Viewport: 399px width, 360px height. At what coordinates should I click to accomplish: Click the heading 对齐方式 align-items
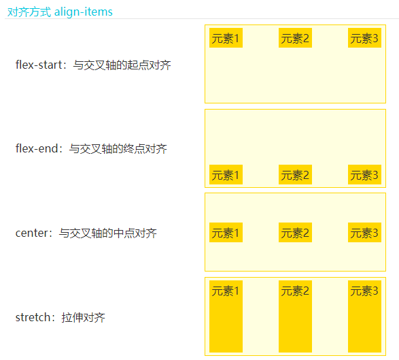[60, 12]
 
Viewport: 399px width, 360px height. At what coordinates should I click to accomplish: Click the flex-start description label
[93, 65]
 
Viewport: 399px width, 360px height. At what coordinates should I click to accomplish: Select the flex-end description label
[91, 149]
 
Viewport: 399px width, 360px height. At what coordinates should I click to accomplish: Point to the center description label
[86, 233]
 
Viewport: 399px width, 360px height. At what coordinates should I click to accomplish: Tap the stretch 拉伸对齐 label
[60, 317]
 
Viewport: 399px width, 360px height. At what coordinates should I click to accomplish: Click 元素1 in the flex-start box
[226, 38]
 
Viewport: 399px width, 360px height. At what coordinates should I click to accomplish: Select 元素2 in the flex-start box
[295, 38]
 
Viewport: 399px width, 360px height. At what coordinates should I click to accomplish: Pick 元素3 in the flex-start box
[364, 38]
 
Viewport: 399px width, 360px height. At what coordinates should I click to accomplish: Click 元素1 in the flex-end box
[226, 174]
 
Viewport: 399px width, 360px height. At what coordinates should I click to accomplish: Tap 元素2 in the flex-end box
[295, 174]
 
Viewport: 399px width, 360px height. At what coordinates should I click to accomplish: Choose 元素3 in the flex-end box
[364, 174]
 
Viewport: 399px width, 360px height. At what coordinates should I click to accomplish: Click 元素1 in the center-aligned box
[226, 232]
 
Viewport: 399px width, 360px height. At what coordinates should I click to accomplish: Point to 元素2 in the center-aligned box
[295, 232]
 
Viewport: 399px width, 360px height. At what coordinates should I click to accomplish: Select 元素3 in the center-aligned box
[364, 232]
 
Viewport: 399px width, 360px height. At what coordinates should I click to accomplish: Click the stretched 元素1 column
[226, 316]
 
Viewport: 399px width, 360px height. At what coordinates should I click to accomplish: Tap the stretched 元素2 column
[295, 316]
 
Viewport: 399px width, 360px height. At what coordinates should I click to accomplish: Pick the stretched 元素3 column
[364, 316]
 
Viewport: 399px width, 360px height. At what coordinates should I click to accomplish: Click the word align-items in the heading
[84, 12]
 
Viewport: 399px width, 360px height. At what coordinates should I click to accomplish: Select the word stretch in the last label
[33, 317]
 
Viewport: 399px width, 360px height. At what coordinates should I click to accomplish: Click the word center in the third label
[31, 233]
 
